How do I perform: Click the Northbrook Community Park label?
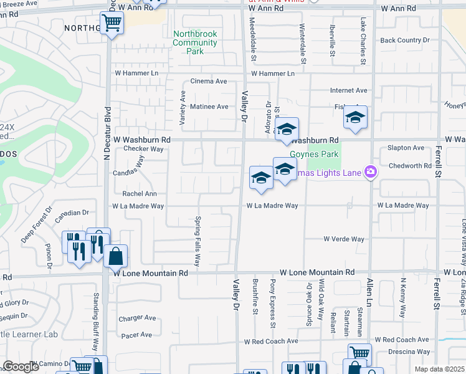tap(195, 42)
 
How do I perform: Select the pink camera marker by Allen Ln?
tap(371, 171)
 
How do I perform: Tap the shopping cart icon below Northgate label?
tap(112, 23)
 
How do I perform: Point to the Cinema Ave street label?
tap(208, 81)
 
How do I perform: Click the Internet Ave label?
tap(349, 90)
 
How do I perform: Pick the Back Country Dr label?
tap(405, 41)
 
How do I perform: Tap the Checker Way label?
tap(143, 149)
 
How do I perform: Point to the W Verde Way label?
tap(343, 239)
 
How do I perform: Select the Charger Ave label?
tap(137, 318)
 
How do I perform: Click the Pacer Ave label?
tap(137, 335)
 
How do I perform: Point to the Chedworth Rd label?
tap(409, 166)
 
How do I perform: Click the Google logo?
tap(22, 367)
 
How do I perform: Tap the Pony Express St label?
tap(273, 303)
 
